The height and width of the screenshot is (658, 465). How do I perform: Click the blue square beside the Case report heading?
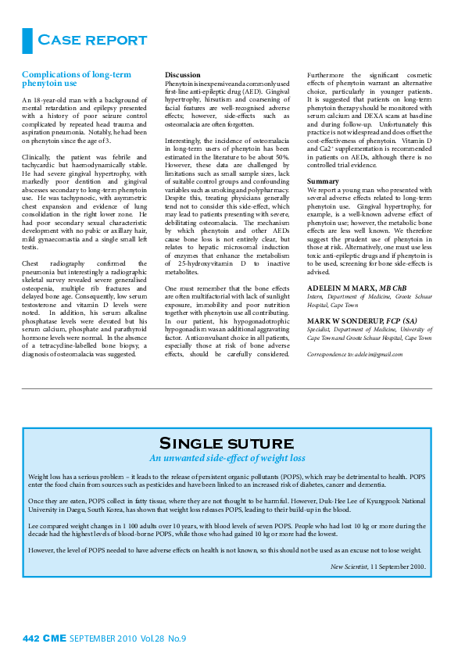tap(27, 40)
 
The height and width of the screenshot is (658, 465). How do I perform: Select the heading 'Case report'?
tap(93, 41)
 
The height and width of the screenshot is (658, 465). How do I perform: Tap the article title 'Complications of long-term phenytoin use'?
tap(76, 79)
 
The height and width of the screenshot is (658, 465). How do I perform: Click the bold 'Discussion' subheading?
tap(181, 75)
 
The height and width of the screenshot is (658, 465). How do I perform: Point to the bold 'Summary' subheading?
tap(323, 181)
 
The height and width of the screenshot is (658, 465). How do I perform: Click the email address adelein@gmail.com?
tap(380, 354)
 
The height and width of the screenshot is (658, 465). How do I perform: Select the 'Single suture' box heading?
tap(227, 444)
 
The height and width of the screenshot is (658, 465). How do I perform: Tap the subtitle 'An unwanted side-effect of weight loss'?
tap(227, 458)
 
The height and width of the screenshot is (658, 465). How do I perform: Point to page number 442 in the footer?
tap(30, 638)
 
